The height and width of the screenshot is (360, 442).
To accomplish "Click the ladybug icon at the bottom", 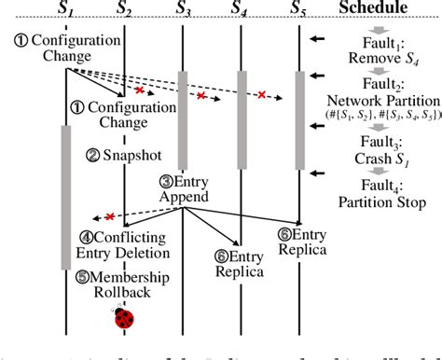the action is click(124, 319).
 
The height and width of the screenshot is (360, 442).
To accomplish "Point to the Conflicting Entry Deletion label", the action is click(127, 245).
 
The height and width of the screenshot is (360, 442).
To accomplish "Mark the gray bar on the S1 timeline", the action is click(66, 196).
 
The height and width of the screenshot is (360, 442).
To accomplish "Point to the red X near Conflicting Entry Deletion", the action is click(109, 216).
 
